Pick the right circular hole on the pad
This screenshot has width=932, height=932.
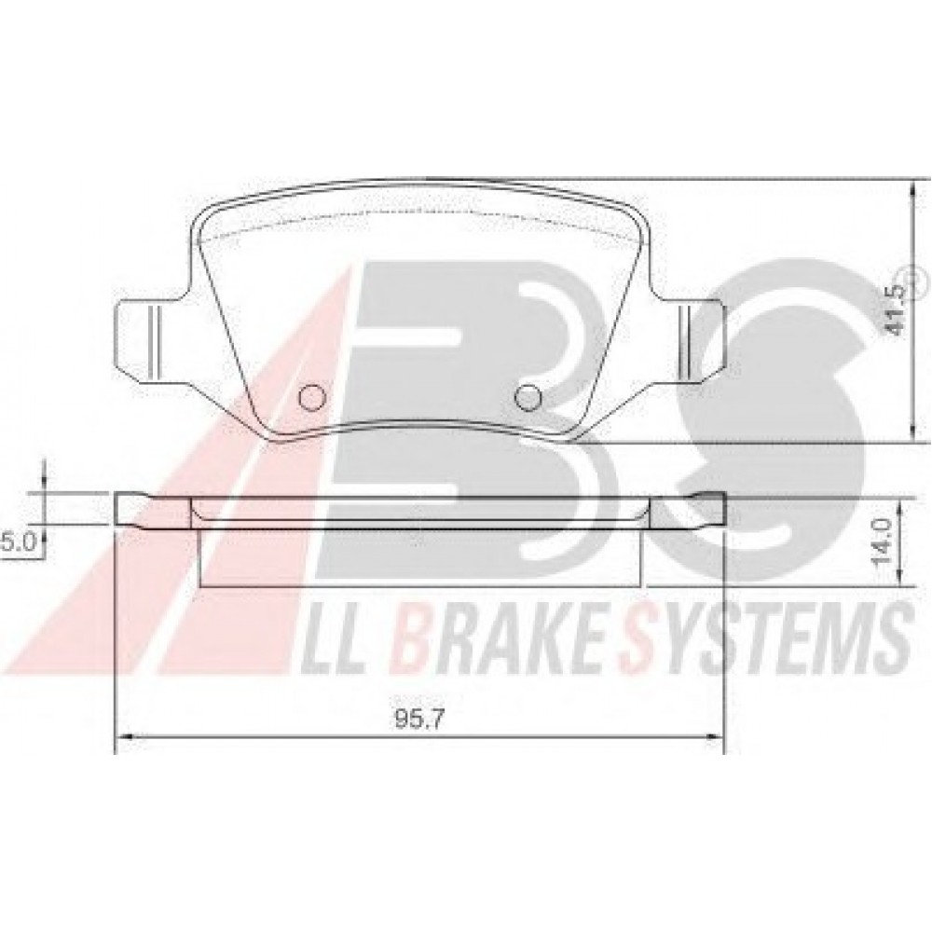point(528,397)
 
